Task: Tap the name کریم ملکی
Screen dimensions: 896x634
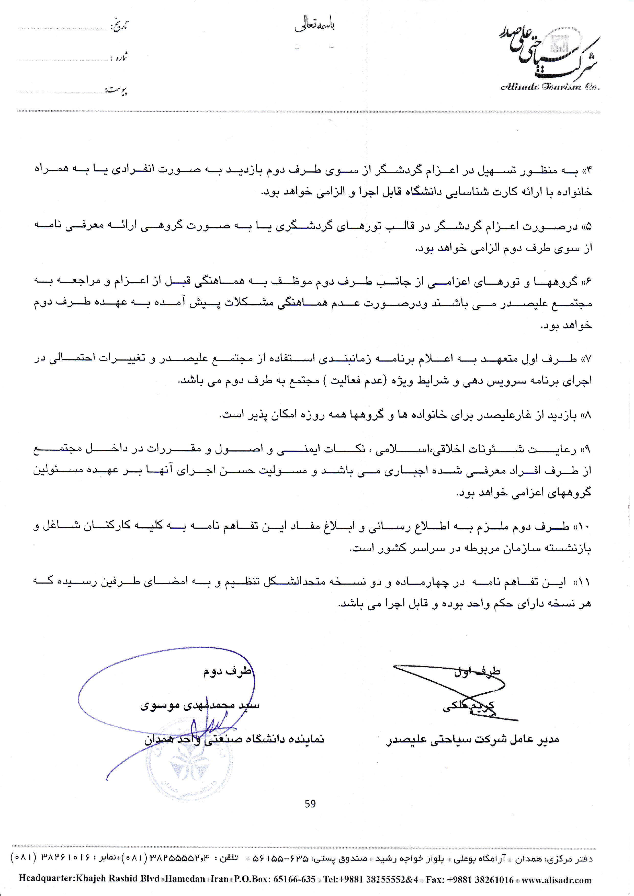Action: [x=469, y=706]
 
